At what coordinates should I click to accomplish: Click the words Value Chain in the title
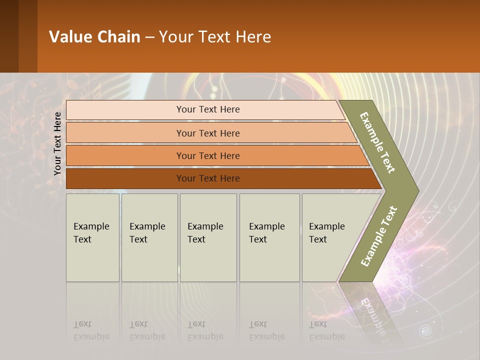[x=94, y=37]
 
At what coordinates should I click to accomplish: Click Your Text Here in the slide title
[x=215, y=37]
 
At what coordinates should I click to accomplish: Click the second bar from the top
[x=207, y=133]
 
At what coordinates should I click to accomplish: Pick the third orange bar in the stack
[x=207, y=155]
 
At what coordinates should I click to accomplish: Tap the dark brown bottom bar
[x=207, y=178]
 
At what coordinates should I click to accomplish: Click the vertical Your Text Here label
[x=57, y=144]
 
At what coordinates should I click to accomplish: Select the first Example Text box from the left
[x=92, y=237]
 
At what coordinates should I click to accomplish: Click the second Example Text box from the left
[x=149, y=237]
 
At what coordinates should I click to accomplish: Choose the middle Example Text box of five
[x=208, y=237]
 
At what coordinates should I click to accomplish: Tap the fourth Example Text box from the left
[x=269, y=237]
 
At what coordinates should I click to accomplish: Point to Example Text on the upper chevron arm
[x=377, y=142]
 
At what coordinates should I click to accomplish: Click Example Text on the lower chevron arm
[x=378, y=236]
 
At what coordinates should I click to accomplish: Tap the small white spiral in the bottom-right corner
[x=425, y=330]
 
